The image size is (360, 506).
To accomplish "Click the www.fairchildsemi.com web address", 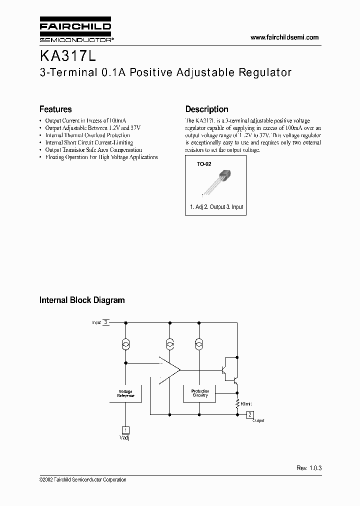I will click(x=284, y=37).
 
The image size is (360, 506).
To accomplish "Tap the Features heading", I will click(x=55, y=109).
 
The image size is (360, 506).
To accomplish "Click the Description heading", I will click(x=206, y=109).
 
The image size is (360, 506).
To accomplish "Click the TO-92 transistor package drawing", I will click(x=217, y=182).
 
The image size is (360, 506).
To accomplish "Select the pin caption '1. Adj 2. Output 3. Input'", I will click(x=216, y=206).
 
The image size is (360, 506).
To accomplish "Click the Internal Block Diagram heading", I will click(x=82, y=300).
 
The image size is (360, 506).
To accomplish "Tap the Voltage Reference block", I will click(x=125, y=393).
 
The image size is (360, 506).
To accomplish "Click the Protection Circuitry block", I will click(x=200, y=393).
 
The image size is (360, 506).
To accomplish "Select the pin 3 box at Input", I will click(x=105, y=322).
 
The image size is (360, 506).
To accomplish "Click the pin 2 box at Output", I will click(x=250, y=414).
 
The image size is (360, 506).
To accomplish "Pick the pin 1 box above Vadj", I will click(x=125, y=429).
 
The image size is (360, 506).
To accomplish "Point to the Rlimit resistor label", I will click(x=246, y=403).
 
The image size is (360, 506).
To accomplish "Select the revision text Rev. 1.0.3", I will click(x=308, y=468).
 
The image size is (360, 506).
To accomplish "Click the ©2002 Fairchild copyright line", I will click(x=82, y=479).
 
